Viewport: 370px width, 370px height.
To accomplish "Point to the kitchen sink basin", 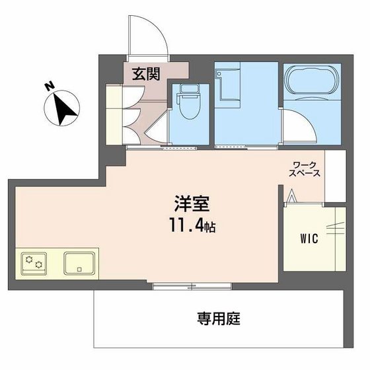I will [x=81, y=263].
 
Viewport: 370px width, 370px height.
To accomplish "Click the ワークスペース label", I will [x=305, y=169].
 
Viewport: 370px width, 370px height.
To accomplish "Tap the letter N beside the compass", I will [x=48, y=86].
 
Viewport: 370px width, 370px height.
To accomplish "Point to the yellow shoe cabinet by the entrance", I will [x=113, y=112].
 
